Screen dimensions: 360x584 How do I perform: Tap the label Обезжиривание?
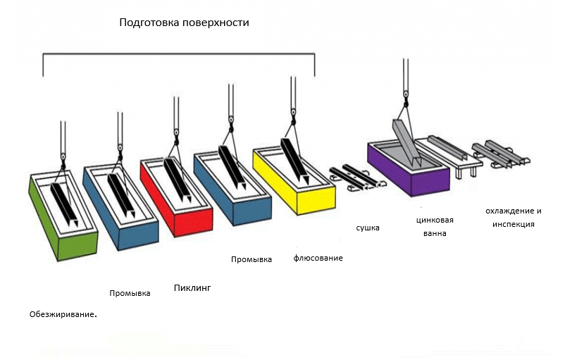click(x=63, y=314)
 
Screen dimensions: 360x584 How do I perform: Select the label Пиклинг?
click(x=192, y=288)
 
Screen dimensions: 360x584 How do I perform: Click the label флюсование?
click(x=318, y=258)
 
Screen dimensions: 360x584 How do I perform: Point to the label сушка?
click(x=368, y=228)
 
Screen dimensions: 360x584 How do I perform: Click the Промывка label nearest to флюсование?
click(x=251, y=260)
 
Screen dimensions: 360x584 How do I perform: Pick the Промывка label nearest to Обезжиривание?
click(x=130, y=293)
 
